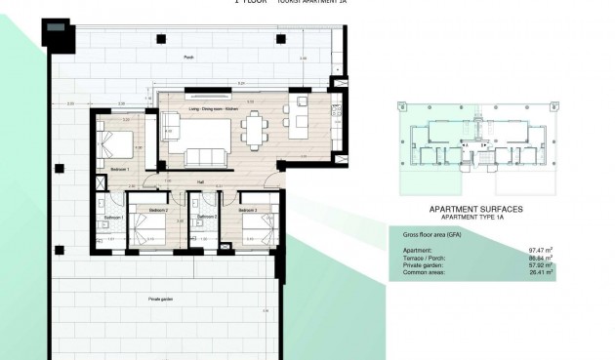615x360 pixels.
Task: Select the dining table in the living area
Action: pyautogui.click(x=256, y=127)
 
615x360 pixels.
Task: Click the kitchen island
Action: pyautogui.click(x=298, y=123)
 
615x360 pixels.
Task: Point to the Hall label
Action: pyautogui.click(x=199, y=181)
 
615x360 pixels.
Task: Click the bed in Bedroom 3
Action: pyautogui.click(x=257, y=230)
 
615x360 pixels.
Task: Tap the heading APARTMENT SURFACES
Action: pyautogui.click(x=475, y=210)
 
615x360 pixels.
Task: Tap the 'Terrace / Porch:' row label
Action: pyautogui.click(x=419, y=258)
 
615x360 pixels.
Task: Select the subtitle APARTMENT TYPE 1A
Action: pyautogui.click(x=475, y=219)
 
